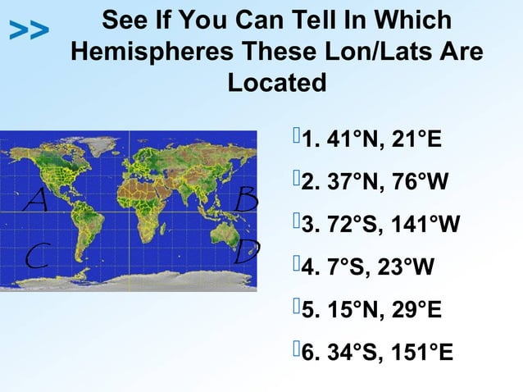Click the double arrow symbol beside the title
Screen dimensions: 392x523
click(x=30, y=31)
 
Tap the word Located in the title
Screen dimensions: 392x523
click(x=276, y=83)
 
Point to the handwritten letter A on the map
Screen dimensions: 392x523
click(x=34, y=199)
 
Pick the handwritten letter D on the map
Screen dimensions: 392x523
click(x=246, y=251)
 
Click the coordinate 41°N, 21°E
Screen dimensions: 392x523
click(x=383, y=139)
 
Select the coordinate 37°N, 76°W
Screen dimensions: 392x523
click(x=386, y=182)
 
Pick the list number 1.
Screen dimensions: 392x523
click(x=309, y=139)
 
